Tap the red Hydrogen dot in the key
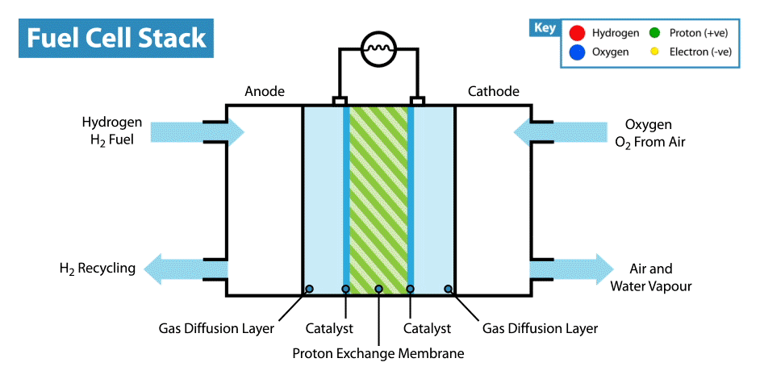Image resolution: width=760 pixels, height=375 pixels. point(575,33)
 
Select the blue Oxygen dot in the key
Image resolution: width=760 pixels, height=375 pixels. point(575,53)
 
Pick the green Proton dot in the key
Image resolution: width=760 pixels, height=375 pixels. point(654,33)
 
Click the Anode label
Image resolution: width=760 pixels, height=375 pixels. point(265,91)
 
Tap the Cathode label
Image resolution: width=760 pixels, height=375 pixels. point(494,91)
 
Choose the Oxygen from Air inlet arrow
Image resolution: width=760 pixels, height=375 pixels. point(563,131)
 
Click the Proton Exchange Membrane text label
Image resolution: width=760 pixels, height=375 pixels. point(378,352)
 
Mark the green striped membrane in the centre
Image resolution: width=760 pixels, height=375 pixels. point(378,198)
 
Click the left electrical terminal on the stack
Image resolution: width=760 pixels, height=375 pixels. point(340,102)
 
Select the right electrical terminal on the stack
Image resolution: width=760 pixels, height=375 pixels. point(417,102)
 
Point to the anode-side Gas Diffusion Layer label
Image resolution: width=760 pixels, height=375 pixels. point(216,328)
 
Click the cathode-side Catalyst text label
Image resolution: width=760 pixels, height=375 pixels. point(427,328)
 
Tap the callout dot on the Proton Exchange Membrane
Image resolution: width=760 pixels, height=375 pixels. point(378,289)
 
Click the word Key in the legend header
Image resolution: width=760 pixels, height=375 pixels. point(545,28)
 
